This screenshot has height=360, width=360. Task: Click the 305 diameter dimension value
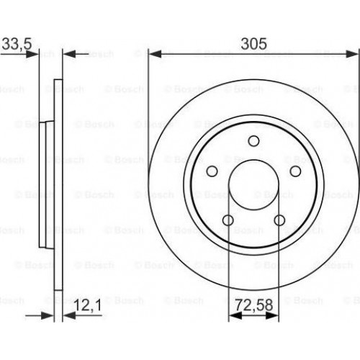(253, 44)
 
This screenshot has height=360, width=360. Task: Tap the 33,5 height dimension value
(17, 44)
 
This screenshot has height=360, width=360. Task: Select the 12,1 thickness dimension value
(88, 305)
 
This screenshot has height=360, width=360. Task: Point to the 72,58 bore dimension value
(253, 305)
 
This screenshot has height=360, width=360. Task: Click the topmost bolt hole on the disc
(253, 141)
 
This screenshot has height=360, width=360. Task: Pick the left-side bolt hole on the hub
(212, 171)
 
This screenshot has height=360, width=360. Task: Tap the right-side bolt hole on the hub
(295, 171)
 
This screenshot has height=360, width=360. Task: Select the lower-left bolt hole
(228, 220)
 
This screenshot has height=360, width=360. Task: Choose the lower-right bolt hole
(279, 220)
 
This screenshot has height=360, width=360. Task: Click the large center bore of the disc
(253, 185)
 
